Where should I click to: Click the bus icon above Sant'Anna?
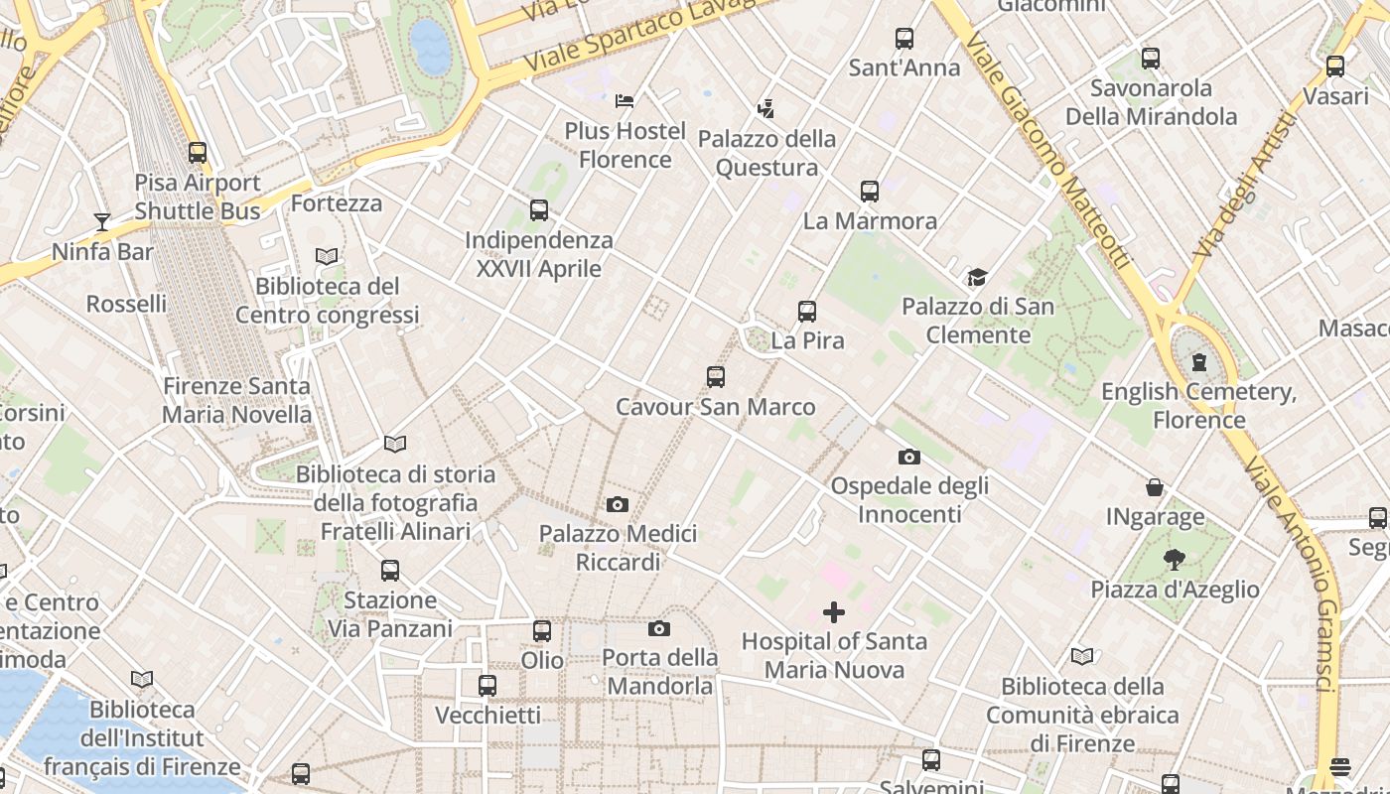tap(903, 39)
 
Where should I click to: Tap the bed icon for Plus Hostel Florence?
tap(625, 101)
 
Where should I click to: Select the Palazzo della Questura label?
tap(766, 153)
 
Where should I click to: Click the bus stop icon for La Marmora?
tap(870, 192)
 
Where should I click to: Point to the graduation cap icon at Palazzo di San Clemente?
tap(978, 277)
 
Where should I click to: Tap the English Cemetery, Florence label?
tap(1198, 405)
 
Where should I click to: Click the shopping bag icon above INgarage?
tap(1155, 487)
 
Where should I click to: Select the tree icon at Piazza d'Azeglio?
tap(1175, 560)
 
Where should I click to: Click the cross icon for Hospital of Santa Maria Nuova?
tap(834, 612)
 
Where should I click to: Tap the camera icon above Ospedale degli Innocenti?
tap(908, 457)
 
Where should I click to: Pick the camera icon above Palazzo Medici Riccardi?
tap(618, 504)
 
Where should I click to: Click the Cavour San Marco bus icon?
tap(715, 377)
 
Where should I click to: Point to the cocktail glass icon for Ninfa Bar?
tap(102, 221)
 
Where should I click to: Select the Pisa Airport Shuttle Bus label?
tap(198, 197)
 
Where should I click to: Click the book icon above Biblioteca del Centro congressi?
tap(327, 257)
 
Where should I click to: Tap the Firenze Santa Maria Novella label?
tap(236, 400)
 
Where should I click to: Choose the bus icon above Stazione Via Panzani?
tap(390, 571)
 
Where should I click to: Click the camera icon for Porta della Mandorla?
tap(659, 628)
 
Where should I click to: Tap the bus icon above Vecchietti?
tap(487, 685)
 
